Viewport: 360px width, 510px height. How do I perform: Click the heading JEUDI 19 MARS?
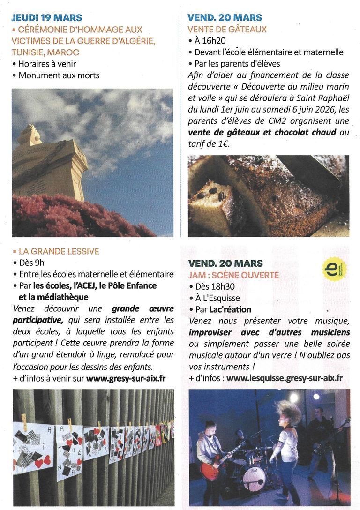click(x=46, y=18)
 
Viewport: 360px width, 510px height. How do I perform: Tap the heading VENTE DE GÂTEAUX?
click(x=227, y=30)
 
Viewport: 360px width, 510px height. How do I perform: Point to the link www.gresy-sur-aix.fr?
click(x=126, y=377)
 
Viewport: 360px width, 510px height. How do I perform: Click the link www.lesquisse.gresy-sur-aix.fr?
click(x=285, y=378)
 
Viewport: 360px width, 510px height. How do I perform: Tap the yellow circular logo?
click(x=335, y=270)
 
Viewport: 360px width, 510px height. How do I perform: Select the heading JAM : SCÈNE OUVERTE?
click(x=233, y=275)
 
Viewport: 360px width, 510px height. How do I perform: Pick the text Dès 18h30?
click(x=215, y=287)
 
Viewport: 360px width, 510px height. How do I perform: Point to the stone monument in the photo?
click(x=47, y=164)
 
